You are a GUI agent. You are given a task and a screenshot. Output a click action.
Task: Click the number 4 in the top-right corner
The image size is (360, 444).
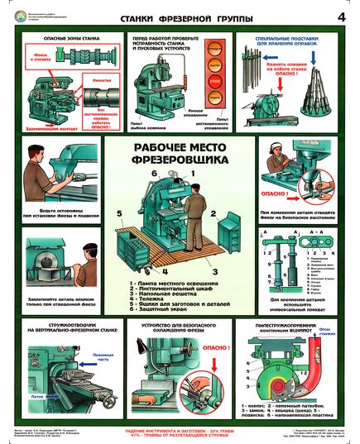pyautogui.click(x=341, y=16)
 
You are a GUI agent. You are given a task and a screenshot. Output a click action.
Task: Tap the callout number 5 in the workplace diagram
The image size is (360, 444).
pyautogui.click(x=120, y=212)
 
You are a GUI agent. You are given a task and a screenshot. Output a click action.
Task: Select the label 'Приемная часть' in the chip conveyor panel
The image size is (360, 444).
pyautogui.click(x=95, y=360)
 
